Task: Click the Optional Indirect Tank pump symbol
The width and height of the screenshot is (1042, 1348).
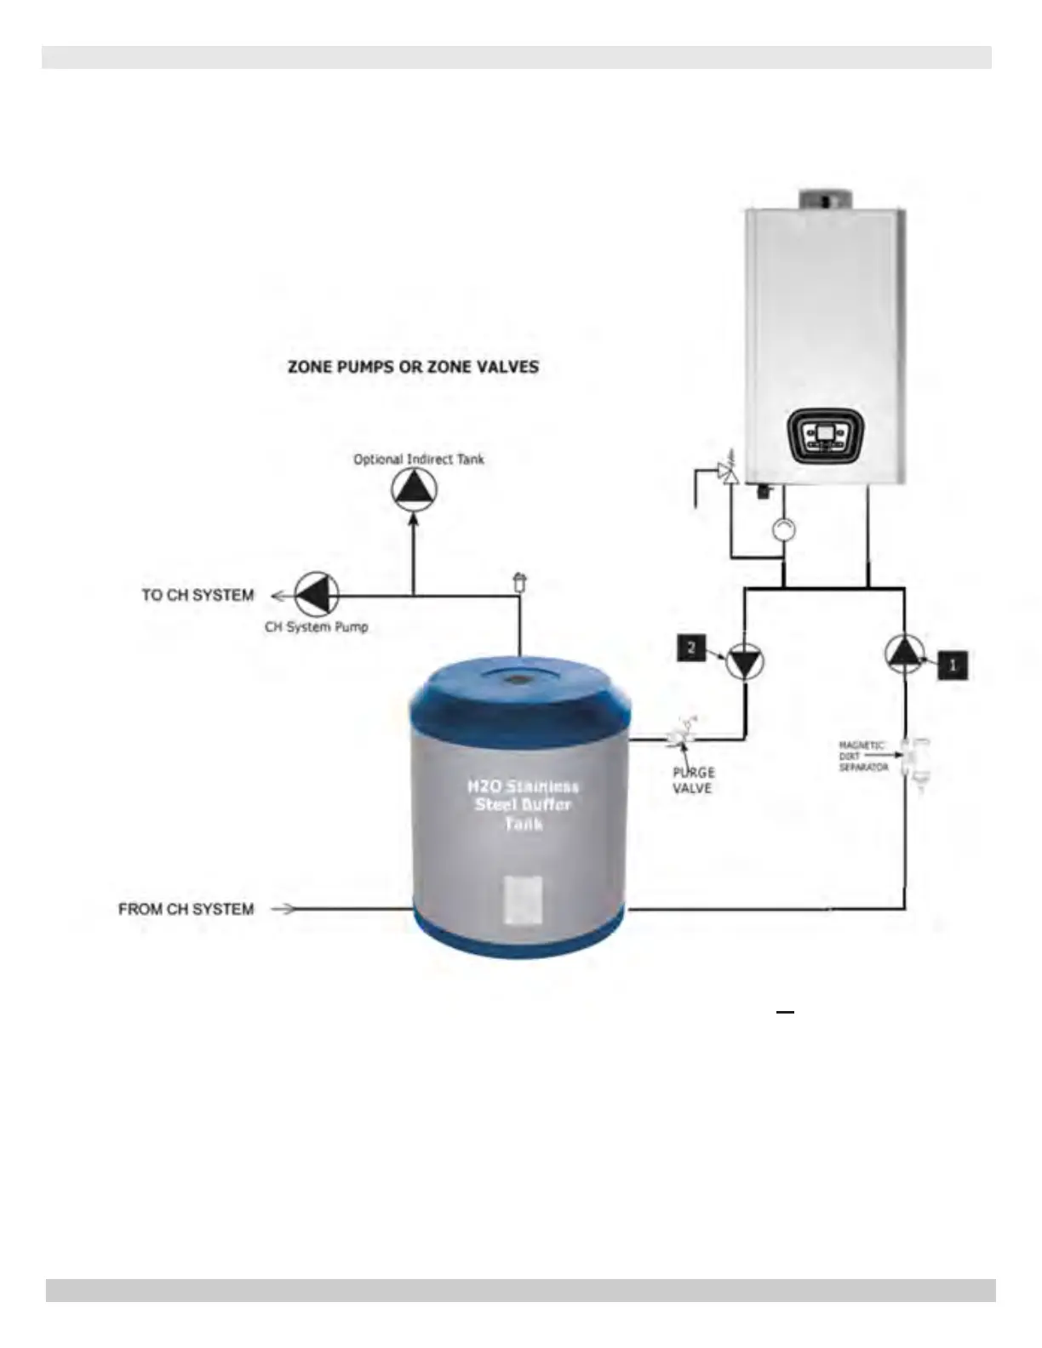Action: pos(414,489)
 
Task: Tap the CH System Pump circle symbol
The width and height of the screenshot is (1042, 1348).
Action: pos(317,594)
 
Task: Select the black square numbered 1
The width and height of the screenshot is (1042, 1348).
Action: pos(952,665)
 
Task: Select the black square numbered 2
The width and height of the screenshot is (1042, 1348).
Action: pos(691,648)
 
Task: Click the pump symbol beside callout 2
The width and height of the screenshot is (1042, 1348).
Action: pos(745,661)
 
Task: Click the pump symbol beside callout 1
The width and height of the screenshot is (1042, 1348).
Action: pos(904,654)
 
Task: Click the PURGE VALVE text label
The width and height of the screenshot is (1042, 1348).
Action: pos(693,780)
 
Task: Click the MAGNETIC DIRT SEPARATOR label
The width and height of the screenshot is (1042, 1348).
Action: pos(863,756)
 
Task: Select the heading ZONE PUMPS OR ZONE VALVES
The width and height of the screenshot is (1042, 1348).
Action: pos(413,367)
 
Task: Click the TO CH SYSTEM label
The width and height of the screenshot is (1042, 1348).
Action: pos(198,595)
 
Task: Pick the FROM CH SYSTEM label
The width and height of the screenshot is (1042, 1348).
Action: pos(186,909)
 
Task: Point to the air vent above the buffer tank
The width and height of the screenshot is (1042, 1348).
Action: pos(519,583)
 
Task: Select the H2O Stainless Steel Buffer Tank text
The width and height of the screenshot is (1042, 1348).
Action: pos(523,804)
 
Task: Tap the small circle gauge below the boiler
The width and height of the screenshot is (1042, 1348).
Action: pos(783,529)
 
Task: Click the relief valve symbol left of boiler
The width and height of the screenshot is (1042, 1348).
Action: pos(726,471)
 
